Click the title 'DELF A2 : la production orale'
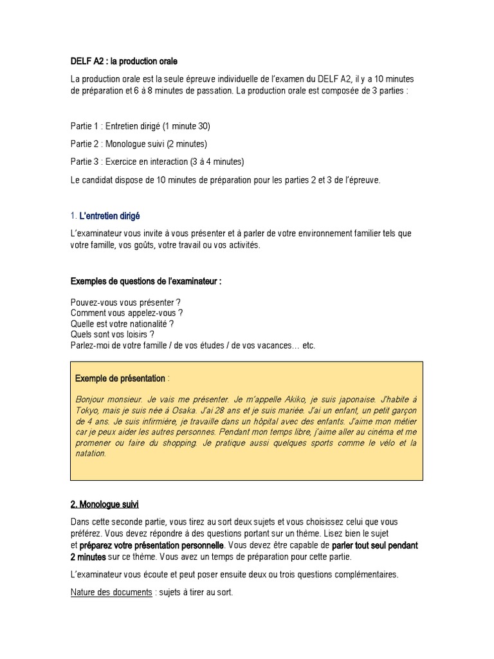point(123,61)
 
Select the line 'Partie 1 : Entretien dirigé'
point(140,125)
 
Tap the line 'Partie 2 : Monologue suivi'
point(138,144)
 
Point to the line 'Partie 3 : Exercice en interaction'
point(157,162)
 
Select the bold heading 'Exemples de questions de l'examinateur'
point(146,281)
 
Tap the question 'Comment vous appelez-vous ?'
point(122,313)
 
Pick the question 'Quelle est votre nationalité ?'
point(122,324)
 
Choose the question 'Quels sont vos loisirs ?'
point(113,335)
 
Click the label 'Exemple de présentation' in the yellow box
point(120,378)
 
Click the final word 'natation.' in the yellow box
point(91,454)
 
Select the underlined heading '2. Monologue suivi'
point(104,504)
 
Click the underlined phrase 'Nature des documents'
point(111,592)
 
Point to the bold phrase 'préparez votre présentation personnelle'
point(151,545)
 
